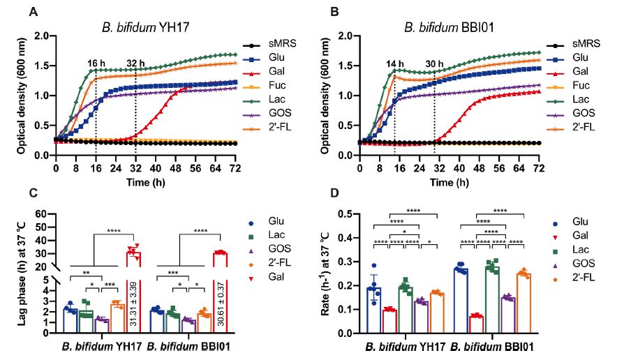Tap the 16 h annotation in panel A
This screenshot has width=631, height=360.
(96, 63)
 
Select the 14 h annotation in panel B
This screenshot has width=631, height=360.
(396, 64)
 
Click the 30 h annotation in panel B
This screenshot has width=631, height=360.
(435, 64)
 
